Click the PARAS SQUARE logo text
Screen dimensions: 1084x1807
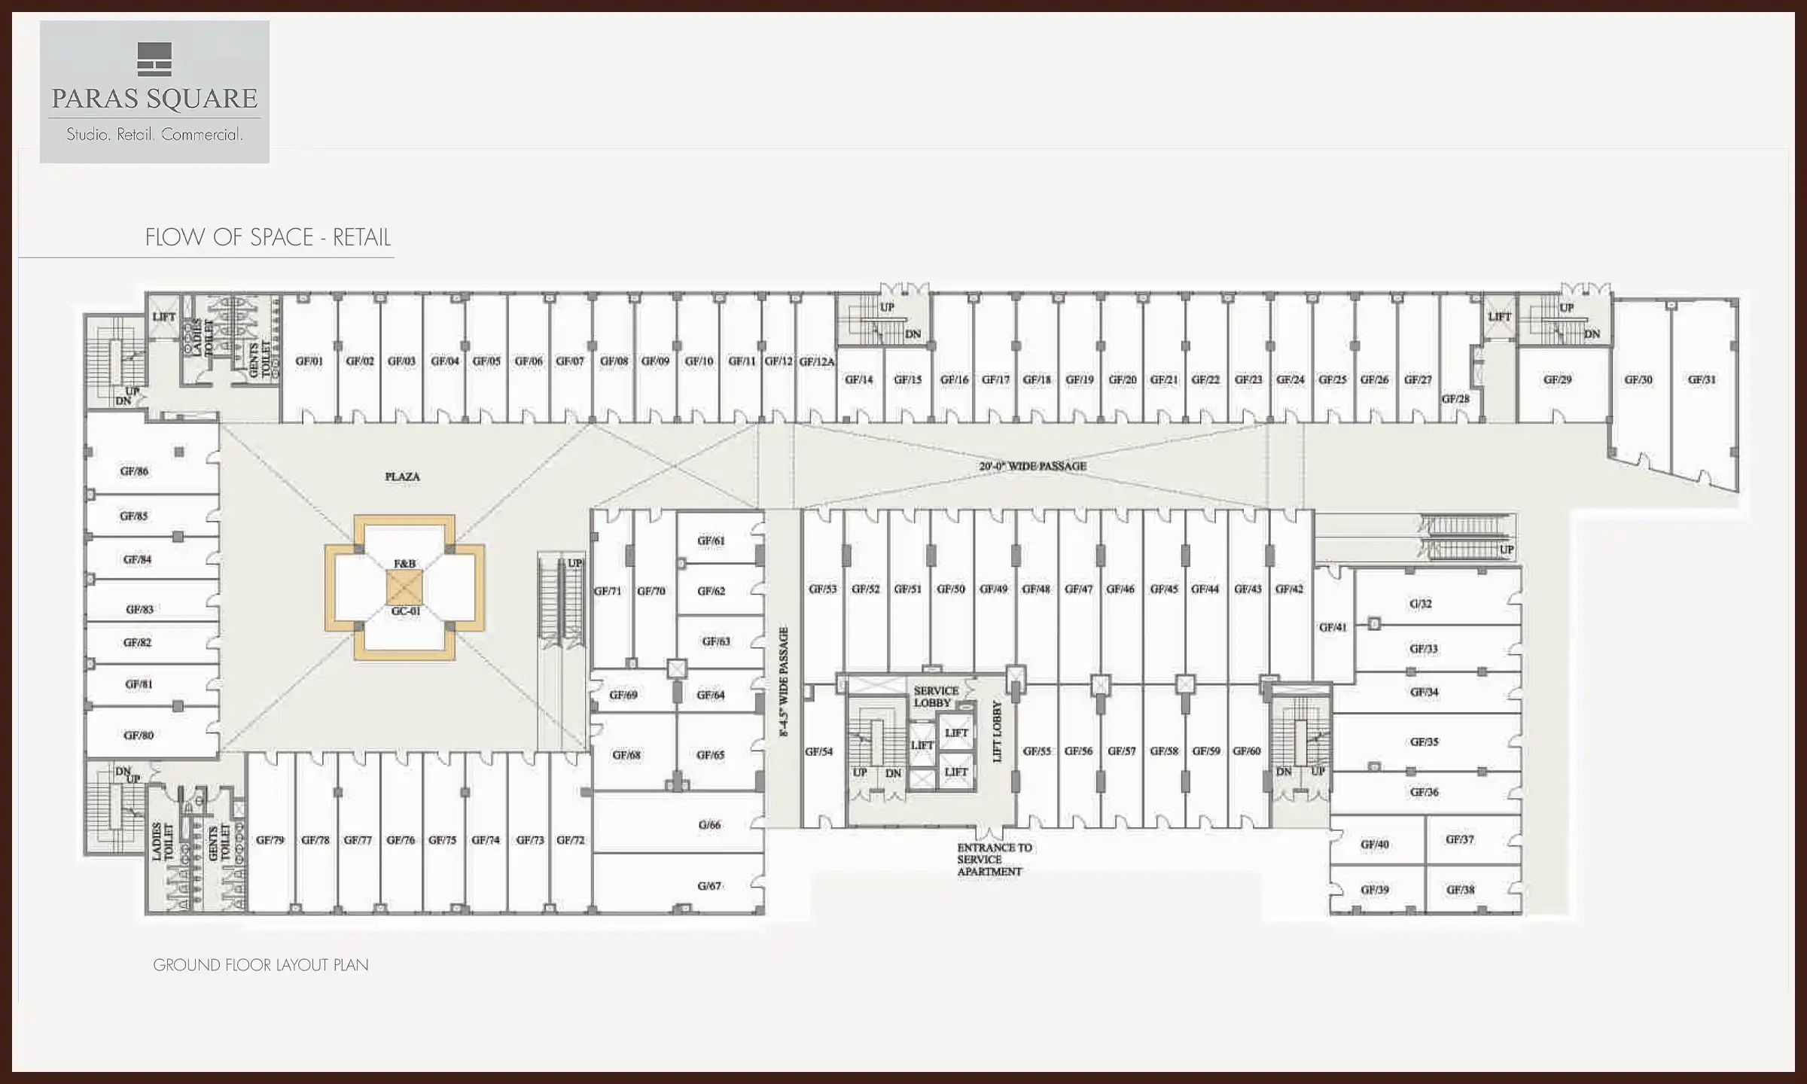click(x=154, y=99)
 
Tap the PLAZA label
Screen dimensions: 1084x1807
click(x=402, y=477)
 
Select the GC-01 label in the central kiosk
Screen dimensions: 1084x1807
click(x=405, y=611)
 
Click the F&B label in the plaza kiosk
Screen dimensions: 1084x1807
click(x=404, y=564)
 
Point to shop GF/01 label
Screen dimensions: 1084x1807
click(x=309, y=361)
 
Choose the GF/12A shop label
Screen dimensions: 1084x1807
click(x=816, y=362)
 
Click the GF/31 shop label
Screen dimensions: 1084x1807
click(x=1702, y=380)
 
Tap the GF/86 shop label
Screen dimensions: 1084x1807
click(x=134, y=471)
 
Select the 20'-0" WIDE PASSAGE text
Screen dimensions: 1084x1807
click(x=1032, y=467)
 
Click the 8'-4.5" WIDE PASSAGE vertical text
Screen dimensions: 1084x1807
click(x=783, y=681)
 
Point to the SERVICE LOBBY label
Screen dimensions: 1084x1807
click(x=935, y=696)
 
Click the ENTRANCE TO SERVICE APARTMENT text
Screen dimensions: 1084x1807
click(x=994, y=860)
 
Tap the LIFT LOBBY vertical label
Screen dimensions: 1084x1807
click(x=997, y=731)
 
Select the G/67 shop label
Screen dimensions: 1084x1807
click(x=709, y=886)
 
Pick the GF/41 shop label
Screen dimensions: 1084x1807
click(x=1333, y=627)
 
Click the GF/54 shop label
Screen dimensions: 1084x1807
click(x=818, y=751)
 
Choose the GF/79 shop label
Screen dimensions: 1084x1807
click(x=270, y=840)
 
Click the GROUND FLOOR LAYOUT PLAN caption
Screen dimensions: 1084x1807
click(x=261, y=965)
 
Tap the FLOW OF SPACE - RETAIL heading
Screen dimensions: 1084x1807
click(x=268, y=238)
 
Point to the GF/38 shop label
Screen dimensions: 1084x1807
click(x=1459, y=890)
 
